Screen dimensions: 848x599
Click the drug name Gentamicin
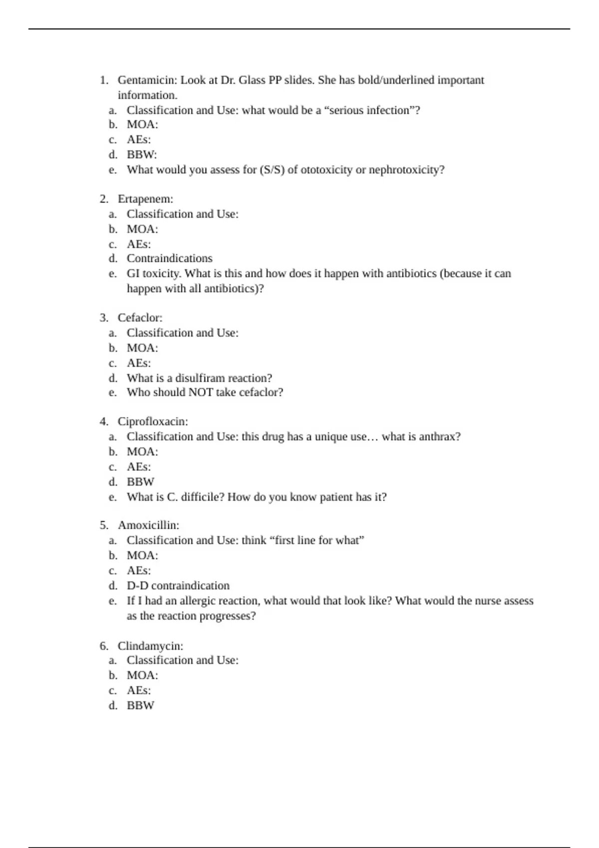click(147, 80)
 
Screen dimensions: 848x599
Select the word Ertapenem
click(144, 199)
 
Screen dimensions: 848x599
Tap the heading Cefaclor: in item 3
click(140, 318)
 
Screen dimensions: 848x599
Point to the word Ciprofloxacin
click(152, 422)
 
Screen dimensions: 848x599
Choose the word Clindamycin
click(149, 646)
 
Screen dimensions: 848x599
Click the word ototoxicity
click(326, 170)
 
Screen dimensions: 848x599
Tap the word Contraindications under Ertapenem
click(169, 258)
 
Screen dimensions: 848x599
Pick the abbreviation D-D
click(137, 586)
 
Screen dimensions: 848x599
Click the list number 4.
click(103, 422)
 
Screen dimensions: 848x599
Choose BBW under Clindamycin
click(140, 705)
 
